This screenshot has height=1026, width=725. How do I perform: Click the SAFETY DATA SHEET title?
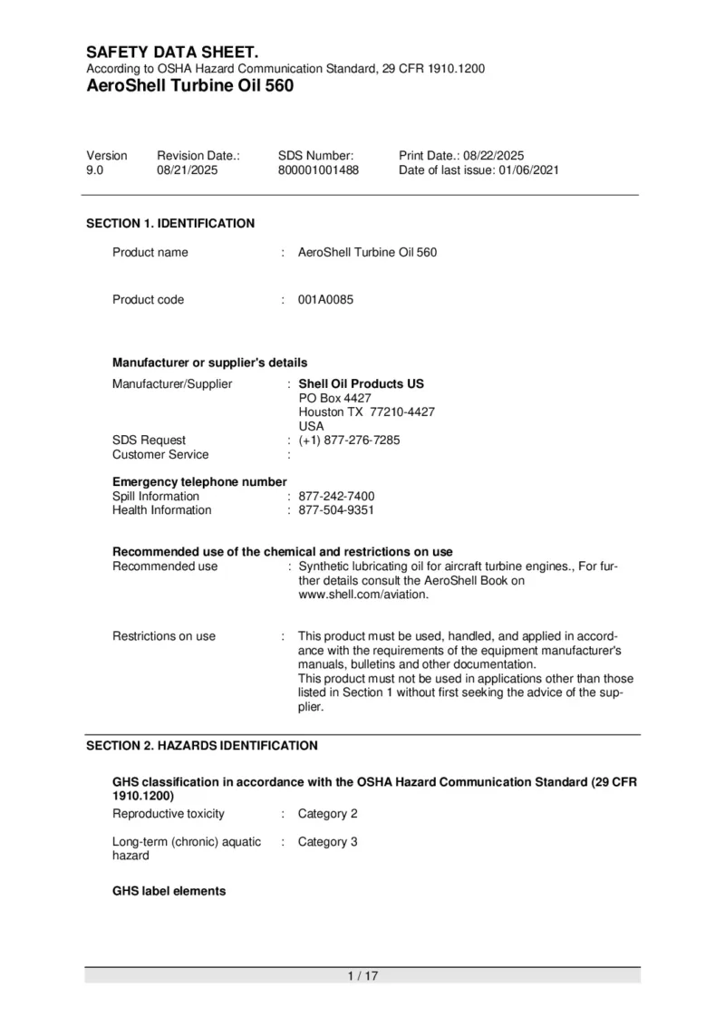[x=172, y=53]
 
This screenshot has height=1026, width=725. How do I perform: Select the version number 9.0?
[x=95, y=169]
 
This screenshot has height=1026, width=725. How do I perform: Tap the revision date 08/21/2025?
[x=188, y=169]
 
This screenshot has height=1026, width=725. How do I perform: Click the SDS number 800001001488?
[x=318, y=169]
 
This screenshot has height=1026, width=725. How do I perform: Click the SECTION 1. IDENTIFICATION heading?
[x=170, y=223]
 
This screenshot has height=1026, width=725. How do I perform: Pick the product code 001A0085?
[x=325, y=300]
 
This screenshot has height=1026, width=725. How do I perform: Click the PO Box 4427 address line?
[x=334, y=398]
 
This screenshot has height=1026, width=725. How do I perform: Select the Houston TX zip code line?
[x=366, y=412]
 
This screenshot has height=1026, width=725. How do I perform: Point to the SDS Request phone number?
[x=349, y=440]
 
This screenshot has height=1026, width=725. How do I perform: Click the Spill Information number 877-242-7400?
[x=336, y=497]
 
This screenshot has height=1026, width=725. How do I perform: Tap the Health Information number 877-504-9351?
[x=336, y=510]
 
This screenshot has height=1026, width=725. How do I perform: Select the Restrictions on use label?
[x=164, y=636]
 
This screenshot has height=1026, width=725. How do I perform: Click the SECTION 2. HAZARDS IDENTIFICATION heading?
[x=202, y=746]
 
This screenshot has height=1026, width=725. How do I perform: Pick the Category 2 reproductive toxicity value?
[x=328, y=814]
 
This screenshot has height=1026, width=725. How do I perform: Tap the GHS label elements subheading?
[x=169, y=891]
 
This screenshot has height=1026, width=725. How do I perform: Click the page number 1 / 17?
[x=362, y=975]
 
